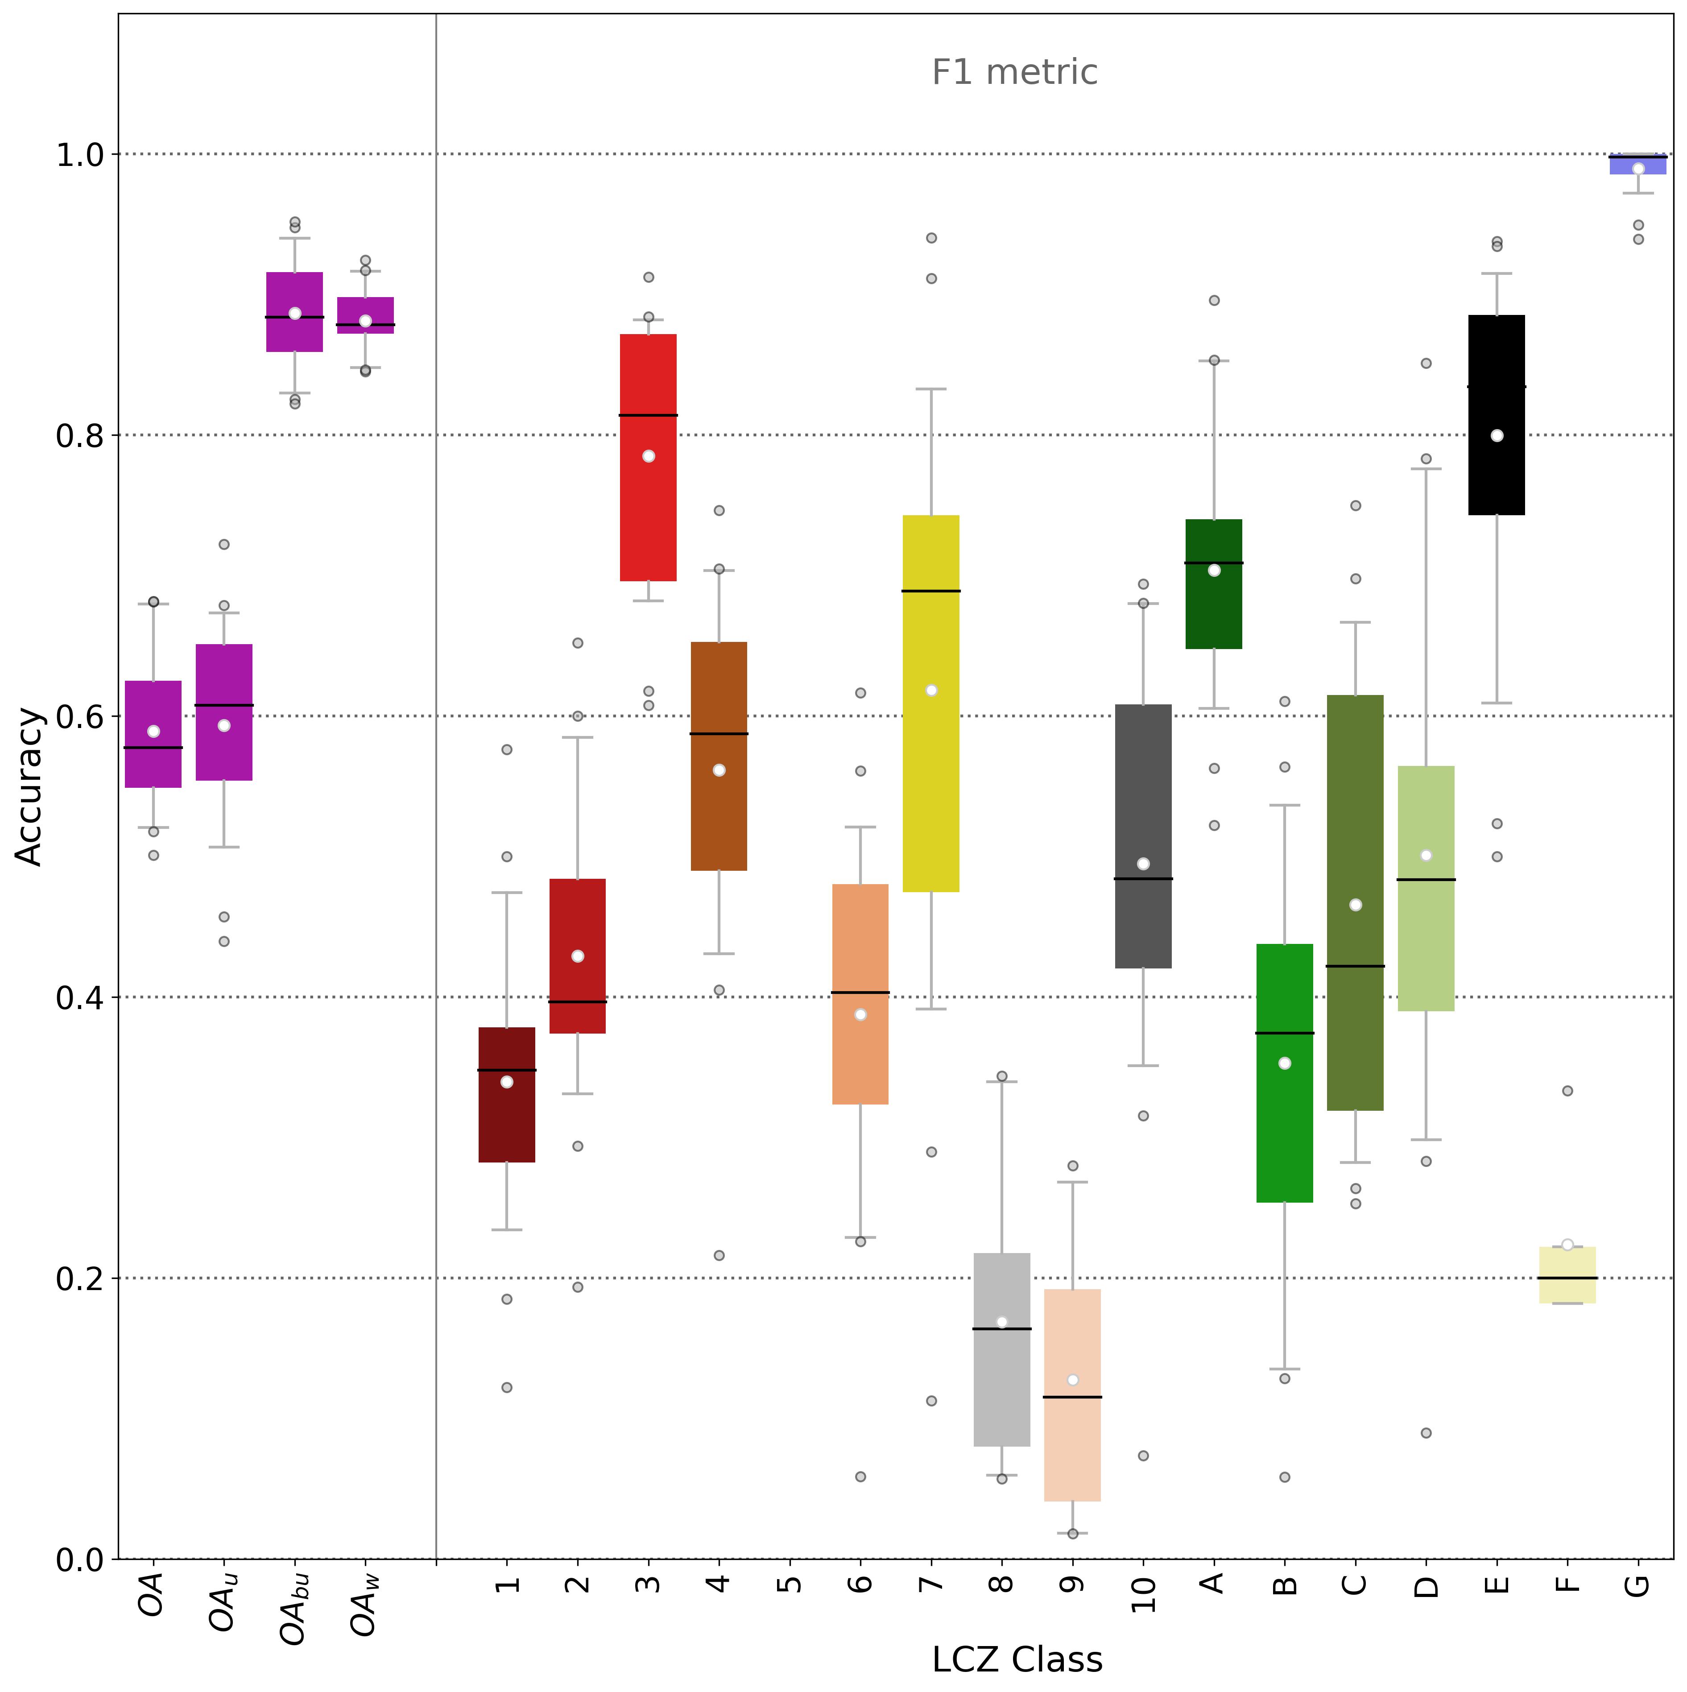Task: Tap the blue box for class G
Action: tap(1638, 164)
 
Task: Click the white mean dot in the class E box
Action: tap(1497, 435)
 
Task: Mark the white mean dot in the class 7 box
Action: tap(931, 690)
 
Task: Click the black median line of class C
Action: tap(1355, 966)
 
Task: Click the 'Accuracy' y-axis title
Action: tap(30, 786)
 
